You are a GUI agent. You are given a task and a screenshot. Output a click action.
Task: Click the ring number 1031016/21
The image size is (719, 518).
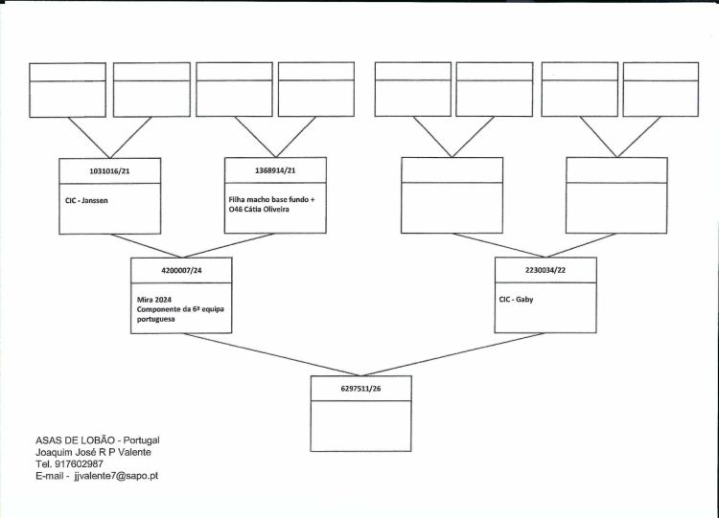109,171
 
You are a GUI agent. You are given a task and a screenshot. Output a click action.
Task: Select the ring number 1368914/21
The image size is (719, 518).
275,170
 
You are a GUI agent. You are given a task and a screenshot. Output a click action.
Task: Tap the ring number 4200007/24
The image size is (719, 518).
181,270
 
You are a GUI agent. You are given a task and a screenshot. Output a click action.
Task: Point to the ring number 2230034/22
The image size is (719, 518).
545,270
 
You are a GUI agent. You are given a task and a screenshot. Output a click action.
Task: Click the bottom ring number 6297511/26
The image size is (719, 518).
360,389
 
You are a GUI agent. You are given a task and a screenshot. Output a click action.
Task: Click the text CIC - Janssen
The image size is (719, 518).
86,201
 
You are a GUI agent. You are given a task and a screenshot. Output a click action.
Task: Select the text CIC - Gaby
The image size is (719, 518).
517,300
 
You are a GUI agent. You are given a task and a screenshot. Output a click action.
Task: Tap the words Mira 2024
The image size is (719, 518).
154,300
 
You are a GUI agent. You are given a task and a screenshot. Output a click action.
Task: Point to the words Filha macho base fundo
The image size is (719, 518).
268,200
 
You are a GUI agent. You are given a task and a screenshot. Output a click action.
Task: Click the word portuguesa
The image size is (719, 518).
155,319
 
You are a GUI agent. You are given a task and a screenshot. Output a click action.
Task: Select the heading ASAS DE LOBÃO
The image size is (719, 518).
75,440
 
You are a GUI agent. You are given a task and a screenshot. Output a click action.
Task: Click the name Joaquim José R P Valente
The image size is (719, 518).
93,452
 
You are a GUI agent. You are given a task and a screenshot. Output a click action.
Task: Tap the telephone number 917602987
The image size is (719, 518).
79,464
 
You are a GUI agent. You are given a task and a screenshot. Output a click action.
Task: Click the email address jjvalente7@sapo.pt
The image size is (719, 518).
116,476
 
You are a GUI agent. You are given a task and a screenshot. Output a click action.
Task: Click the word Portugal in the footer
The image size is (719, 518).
142,440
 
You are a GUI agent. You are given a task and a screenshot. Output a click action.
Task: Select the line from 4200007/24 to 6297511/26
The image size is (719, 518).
272,354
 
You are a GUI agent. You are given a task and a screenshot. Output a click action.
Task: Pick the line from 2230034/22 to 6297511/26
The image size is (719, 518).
453,354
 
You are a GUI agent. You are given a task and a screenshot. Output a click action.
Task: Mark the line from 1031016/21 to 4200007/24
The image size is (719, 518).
147,246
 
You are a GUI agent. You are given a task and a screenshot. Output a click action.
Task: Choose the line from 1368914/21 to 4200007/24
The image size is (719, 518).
229,245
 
